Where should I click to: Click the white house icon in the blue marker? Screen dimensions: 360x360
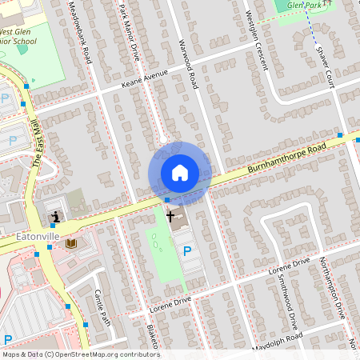[x=180, y=173]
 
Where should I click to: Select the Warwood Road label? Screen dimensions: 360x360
[x=190, y=63]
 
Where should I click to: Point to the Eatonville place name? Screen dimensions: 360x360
[x=38, y=237]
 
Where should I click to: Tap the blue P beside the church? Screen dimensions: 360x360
[x=188, y=250]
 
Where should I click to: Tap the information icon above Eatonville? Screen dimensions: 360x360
[x=54, y=217]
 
